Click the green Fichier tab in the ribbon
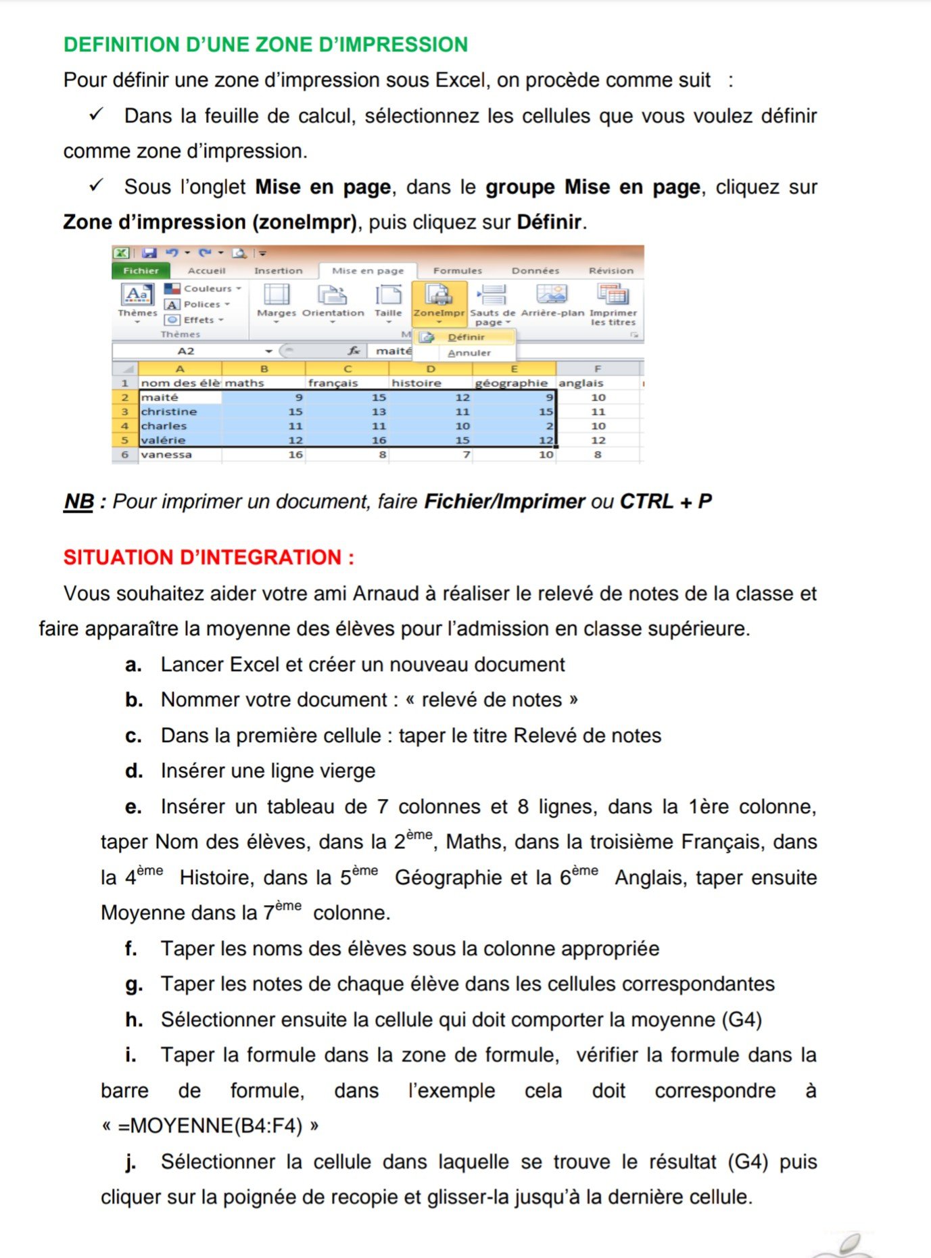pos(141,271)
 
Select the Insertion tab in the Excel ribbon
pos(278,271)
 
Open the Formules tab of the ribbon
pos(458,271)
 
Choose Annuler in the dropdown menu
pos(469,353)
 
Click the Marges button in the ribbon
pos(277,301)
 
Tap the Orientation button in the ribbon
pos(333,301)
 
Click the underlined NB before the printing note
pos(78,502)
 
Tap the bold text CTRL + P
pos(666,502)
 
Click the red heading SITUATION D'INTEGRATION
pos(208,558)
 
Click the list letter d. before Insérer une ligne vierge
pos(133,771)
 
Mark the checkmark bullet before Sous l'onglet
pos(97,185)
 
